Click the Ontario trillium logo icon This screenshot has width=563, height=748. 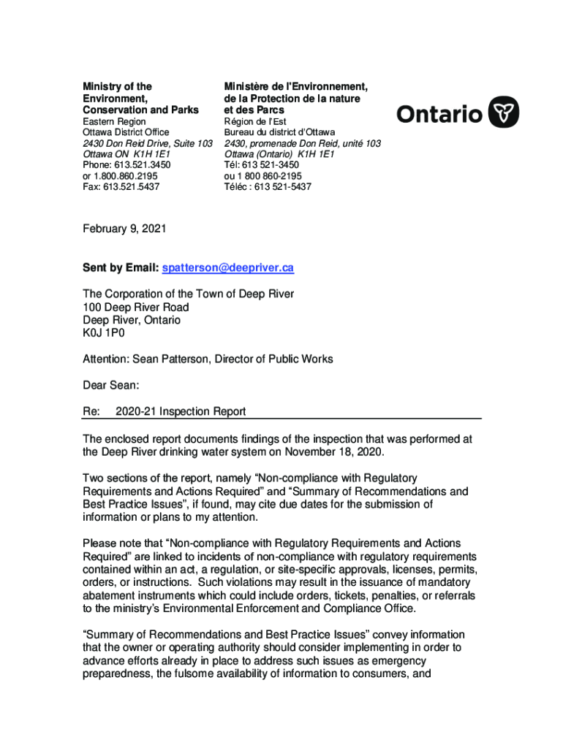coord(504,113)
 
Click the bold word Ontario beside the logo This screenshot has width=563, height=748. coord(439,114)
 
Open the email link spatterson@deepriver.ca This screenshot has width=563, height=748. coord(227,268)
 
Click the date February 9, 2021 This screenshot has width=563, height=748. coord(124,229)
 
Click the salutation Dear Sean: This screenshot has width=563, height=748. coord(110,385)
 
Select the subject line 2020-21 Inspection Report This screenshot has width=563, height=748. coord(181,411)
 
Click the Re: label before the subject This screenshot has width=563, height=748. coord(91,411)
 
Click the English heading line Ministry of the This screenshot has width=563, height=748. coord(117,87)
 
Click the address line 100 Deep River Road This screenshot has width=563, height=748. coord(135,307)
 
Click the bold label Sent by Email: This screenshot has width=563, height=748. coord(120,268)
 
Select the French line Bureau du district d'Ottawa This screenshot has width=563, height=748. coord(279,132)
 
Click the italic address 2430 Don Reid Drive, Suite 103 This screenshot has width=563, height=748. coord(147,143)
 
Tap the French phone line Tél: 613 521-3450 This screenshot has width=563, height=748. coord(261,165)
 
